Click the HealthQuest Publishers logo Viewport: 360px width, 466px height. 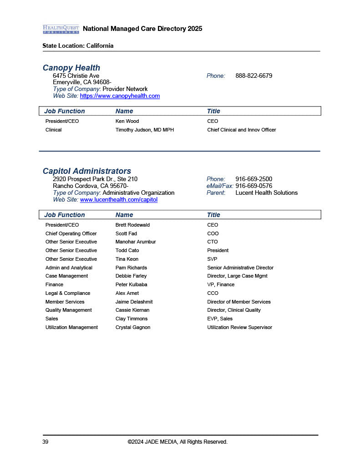point(61,29)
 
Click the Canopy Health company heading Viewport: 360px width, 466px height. point(71,68)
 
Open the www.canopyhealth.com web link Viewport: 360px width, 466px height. point(120,96)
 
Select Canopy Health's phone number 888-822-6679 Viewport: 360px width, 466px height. point(254,76)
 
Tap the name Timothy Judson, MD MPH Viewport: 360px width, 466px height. point(145,130)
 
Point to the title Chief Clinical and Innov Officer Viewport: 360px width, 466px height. point(241,130)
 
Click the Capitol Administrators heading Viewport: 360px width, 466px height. point(87,171)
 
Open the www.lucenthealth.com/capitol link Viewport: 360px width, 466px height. point(119,200)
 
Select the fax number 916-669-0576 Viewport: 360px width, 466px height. point(254,186)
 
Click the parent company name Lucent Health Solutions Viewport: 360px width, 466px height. point(266,192)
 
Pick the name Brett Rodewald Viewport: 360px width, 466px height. point(132,225)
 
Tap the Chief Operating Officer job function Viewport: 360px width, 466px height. point(71,233)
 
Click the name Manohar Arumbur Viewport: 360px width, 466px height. point(136,242)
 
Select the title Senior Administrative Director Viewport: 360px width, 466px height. point(240,268)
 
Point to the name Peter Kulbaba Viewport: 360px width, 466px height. point(131,284)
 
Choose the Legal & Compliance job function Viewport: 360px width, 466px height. point(68,293)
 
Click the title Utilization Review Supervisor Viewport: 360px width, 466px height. point(239,327)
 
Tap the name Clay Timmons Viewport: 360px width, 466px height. point(132,319)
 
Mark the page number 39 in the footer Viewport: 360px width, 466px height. point(46,442)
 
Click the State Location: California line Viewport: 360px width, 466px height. point(78,46)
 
